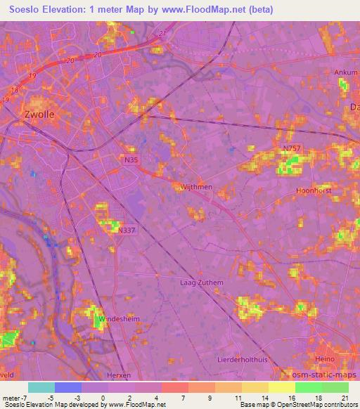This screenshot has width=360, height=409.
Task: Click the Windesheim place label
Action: click(114, 318)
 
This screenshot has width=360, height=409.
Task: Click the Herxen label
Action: click(120, 375)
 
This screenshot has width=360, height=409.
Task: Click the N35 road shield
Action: click(129, 160)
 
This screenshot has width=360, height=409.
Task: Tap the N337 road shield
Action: click(127, 230)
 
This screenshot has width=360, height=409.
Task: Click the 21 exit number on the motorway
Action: click(163, 33)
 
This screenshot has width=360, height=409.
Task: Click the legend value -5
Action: click(51, 397)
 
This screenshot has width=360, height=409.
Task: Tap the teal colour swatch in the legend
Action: click(41, 387)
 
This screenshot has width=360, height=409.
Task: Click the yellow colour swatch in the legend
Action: click(281, 387)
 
